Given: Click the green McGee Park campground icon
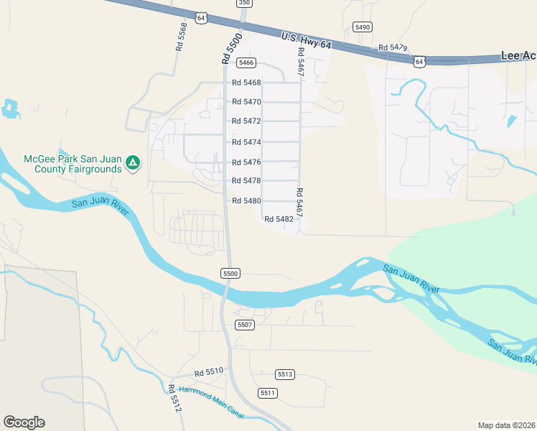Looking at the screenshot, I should click(132, 164).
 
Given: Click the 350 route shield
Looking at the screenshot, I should click(245, 3).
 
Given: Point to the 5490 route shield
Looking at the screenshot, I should click(363, 27).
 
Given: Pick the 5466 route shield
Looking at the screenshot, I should click(247, 63).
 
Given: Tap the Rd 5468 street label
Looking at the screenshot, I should click(246, 83).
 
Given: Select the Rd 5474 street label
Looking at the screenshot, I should click(246, 142).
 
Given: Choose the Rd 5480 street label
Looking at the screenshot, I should click(246, 200).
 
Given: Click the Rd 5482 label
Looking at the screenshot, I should click(279, 219).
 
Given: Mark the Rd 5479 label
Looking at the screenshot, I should click(393, 47).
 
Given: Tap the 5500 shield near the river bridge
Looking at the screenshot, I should click(230, 274).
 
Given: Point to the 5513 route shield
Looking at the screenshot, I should click(285, 374).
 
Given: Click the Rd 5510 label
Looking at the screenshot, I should click(209, 374).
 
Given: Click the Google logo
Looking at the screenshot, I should click(24, 422).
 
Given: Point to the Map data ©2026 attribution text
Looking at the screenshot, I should click(506, 425).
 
